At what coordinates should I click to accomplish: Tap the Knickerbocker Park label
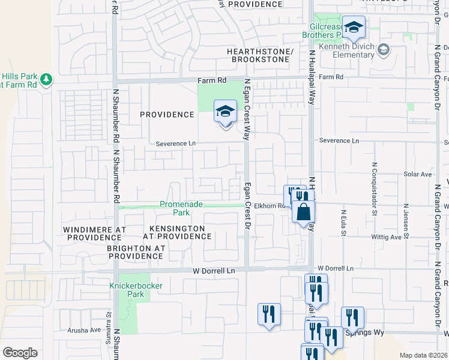136,290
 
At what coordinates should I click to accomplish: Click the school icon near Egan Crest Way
225,112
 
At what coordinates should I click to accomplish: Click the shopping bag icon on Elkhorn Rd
304,212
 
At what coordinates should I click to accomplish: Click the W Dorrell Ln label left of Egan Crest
214,271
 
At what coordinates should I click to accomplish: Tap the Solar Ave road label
418,174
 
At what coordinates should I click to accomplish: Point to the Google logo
20,353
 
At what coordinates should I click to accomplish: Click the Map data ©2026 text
423,355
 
